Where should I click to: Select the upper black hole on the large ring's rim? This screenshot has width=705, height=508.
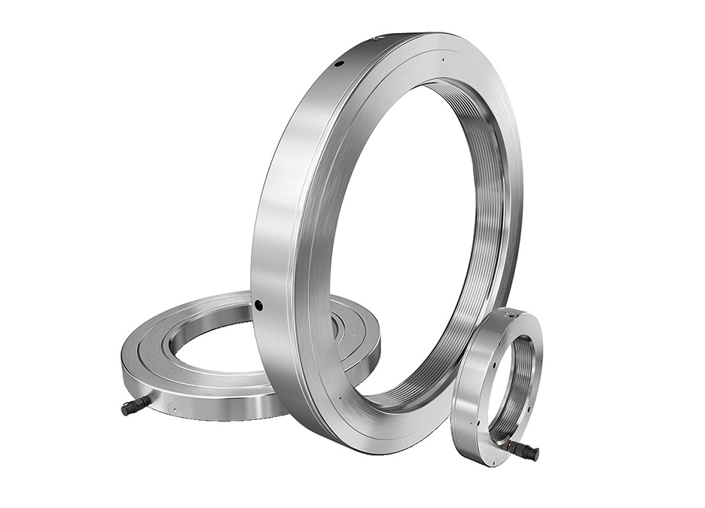[339, 65]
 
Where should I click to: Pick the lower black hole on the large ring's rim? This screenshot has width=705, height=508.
[258, 305]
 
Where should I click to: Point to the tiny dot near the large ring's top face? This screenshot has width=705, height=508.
[444, 59]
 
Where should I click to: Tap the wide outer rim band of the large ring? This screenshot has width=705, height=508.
[286, 226]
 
